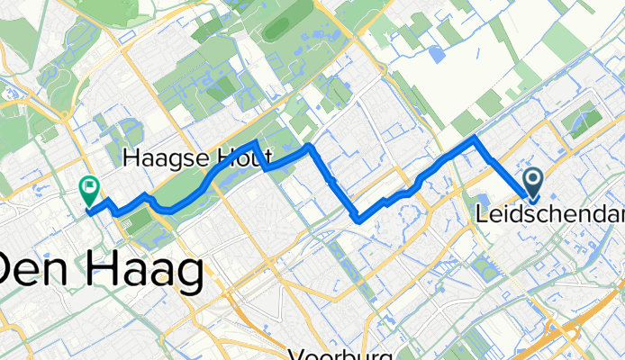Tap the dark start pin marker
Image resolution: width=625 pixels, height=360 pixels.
click(x=532, y=184)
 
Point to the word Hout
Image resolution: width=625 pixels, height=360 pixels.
click(x=238, y=159)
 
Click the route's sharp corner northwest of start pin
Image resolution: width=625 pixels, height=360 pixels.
click(x=475, y=138)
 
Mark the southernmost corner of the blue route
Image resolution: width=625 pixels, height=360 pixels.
click(x=360, y=219)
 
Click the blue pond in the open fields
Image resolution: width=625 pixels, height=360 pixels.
click(x=438, y=54)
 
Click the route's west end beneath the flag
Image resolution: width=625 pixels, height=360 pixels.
click(x=89, y=211)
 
